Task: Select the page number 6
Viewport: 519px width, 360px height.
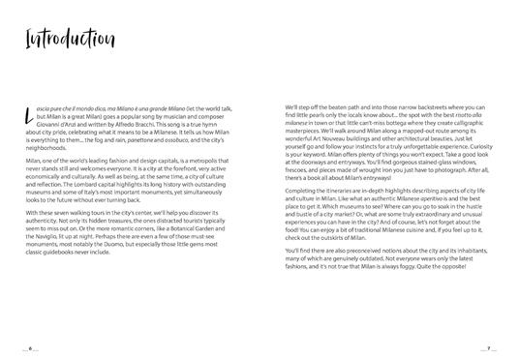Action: [29, 346]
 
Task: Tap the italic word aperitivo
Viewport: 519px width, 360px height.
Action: [430, 209]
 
